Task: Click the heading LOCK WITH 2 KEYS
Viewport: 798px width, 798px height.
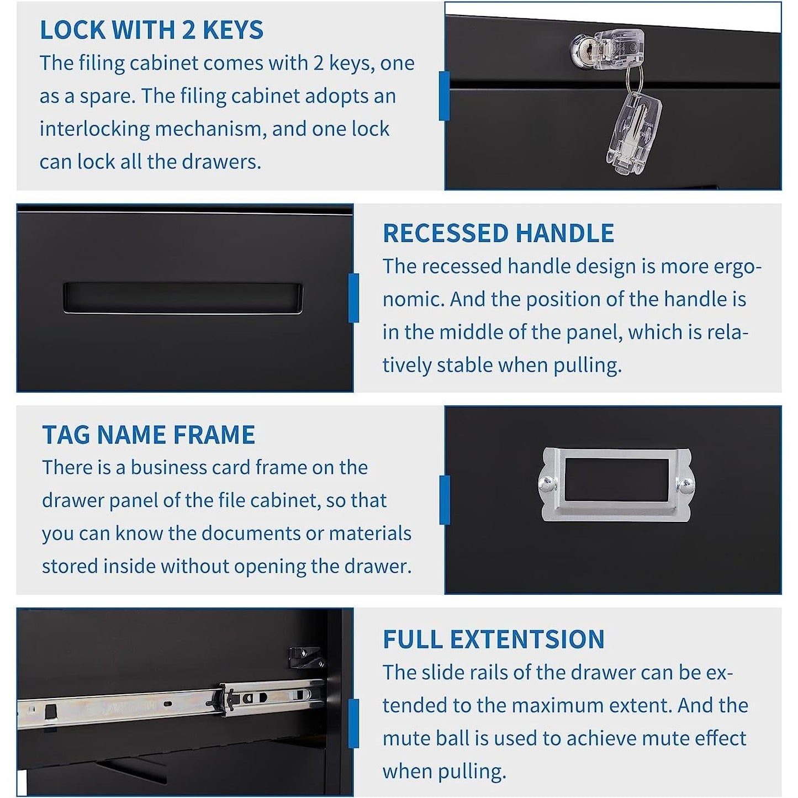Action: [151, 30]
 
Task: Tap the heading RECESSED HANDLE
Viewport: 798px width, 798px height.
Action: [498, 233]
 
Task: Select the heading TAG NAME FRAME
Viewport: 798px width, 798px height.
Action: [149, 435]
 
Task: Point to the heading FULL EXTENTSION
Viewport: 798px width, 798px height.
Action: [494, 640]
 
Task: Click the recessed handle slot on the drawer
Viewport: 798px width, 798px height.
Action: [182, 298]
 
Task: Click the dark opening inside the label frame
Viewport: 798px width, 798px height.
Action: [616, 479]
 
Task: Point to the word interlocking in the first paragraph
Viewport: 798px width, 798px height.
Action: [94, 129]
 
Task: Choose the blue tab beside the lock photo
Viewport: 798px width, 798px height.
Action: [444, 96]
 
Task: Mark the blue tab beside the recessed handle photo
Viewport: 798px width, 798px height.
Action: [353, 298]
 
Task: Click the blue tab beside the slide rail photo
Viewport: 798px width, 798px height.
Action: [353, 723]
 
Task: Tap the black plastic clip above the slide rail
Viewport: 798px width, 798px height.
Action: [306, 657]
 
